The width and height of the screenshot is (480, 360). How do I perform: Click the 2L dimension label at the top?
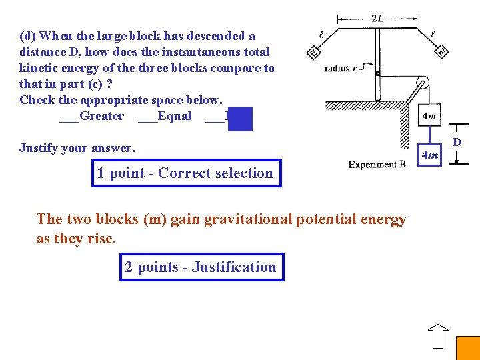[377, 18]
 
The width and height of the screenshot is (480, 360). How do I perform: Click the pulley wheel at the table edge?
[421, 85]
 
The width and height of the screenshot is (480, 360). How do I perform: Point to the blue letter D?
[457, 142]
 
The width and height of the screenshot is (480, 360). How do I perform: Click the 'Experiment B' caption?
[377, 164]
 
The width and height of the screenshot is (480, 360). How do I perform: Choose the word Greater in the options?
[101, 116]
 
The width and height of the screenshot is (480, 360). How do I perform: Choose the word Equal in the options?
[175, 116]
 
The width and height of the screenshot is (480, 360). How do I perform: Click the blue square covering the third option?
[240, 118]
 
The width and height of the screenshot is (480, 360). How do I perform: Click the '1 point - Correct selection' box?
[186, 173]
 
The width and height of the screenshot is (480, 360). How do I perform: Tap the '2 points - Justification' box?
[201, 267]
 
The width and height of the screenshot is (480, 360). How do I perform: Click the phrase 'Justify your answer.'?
[77, 147]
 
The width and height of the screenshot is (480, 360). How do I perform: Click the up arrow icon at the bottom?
[438, 336]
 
